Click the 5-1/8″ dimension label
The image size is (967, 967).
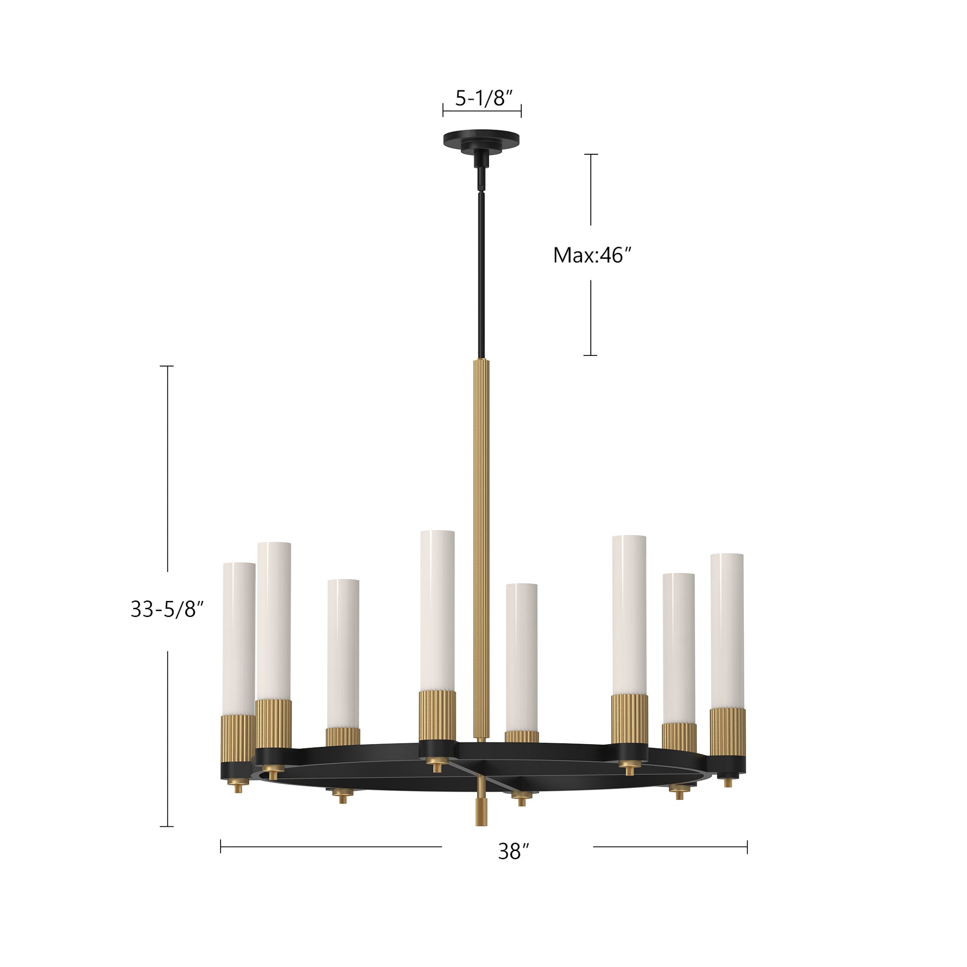[x=481, y=99]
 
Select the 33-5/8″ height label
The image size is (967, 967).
[x=167, y=610]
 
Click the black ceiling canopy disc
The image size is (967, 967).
[x=481, y=139]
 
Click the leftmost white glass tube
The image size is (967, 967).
[x=239, y=636]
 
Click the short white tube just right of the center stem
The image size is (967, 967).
[x=521, y=656]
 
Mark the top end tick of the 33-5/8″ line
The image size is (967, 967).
[x=167, y=366]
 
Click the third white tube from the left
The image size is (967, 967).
[x=343, y=651]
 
